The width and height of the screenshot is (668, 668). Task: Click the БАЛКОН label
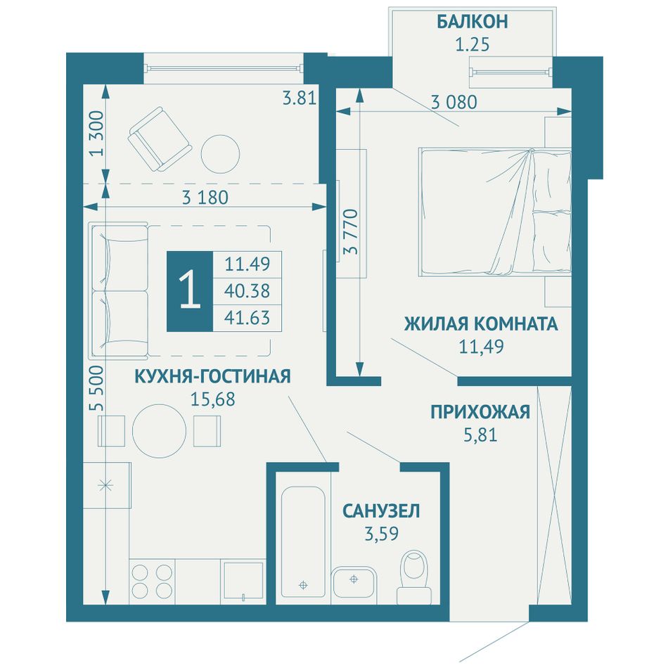(473, 22)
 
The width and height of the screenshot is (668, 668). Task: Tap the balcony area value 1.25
(473, 44)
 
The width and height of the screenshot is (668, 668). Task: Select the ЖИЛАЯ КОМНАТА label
(481, 324)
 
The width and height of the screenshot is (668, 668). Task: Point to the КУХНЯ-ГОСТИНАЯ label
(212, 376)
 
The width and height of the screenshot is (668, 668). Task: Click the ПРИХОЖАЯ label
(480, 412)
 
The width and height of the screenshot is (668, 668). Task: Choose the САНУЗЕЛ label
(381, 510)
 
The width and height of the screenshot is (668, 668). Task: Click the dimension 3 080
(454, 102)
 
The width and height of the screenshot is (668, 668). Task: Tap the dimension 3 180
(205, 198)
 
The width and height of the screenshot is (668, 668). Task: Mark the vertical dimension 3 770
(352, 231)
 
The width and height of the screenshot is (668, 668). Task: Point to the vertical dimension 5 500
(96, 387)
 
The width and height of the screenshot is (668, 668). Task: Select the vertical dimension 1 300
(96, 134)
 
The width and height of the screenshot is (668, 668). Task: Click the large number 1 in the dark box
(190, 291)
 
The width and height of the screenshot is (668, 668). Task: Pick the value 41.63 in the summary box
(247, 318)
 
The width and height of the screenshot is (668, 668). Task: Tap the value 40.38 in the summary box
(247, 291)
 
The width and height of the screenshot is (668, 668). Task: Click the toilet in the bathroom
(414, 577)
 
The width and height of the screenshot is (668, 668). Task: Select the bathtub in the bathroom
(303, 542)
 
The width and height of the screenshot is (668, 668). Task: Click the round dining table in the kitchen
(160, 431)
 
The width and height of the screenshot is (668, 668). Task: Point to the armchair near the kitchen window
(160, 139)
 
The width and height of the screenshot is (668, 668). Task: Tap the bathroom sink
(354, 582)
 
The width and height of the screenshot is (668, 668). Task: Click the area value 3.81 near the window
(300, 98)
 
